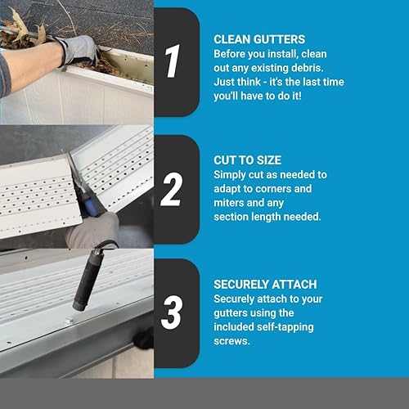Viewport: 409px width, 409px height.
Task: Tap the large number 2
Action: [172, 190]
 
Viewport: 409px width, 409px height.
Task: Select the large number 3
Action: [173, 313]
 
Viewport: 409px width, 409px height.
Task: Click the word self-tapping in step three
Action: [285, 327]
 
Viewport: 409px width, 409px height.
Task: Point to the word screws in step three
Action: [232, 341]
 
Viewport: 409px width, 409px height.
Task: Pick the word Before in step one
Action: [231, 53]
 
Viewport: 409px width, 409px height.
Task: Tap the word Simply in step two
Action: [232, 175]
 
